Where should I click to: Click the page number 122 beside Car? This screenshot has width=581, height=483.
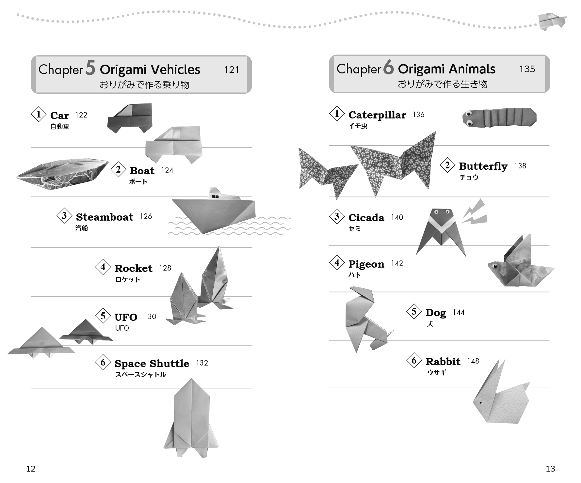(81, 115)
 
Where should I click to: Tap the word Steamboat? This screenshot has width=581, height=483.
(105, 217)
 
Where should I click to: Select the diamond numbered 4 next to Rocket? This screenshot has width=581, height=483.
(103, 267)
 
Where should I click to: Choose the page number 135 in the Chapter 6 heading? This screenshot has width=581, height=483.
(527, 69)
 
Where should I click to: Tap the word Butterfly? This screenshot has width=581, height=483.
(483, 166)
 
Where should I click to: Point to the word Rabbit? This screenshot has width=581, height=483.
(443, 362)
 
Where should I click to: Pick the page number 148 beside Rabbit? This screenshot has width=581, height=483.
(473, 361)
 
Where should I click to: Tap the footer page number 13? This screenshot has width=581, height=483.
(550, 469)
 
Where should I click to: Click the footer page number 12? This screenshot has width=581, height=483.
(31, 469)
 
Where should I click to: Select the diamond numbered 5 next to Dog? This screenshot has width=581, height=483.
(414, 311)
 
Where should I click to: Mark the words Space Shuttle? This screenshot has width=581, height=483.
(152, 364)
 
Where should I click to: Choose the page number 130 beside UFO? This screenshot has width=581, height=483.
(150, 317)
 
